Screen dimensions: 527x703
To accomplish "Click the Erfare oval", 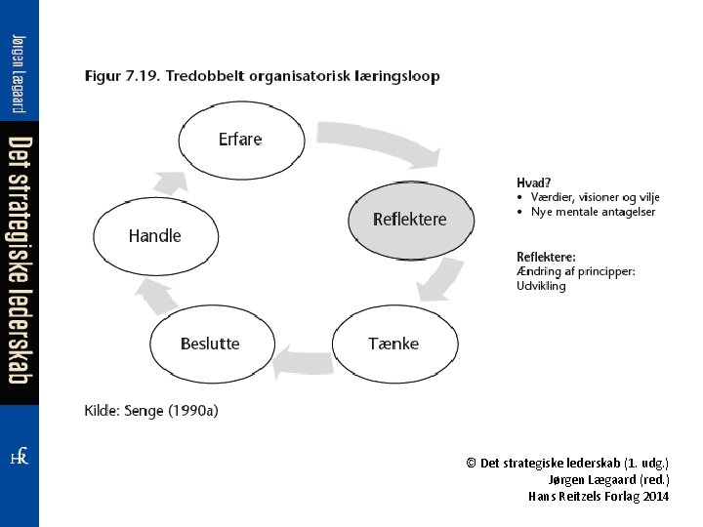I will point(240,140).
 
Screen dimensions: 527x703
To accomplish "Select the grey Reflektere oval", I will point(410,220).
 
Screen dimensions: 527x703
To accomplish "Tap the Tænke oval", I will point(394,344).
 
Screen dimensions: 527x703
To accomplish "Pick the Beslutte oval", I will point(210,344).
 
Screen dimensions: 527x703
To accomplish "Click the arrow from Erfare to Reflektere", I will point(381,142).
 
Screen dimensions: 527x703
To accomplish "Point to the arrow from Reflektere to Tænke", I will point(439,278).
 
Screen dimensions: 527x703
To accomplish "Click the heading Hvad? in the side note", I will point(533,182).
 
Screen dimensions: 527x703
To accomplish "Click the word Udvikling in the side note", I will point(541,286).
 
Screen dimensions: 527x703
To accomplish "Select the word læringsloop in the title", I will point(397,76).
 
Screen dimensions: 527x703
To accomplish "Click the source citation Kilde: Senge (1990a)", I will point(151,411).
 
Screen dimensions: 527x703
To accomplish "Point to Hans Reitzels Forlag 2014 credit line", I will point(599,496).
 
